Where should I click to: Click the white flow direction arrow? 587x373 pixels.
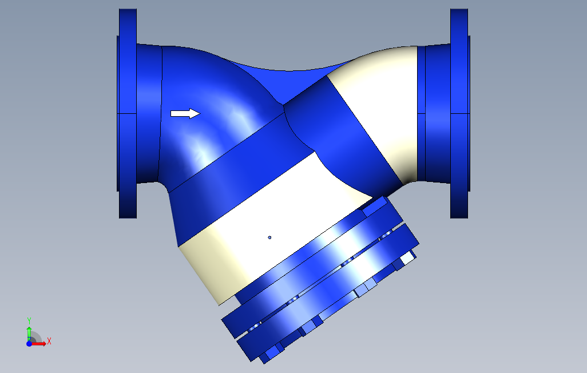[185, 113]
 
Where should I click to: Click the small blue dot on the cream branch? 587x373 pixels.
[269, 237]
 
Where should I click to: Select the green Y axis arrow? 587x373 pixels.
[29, 332]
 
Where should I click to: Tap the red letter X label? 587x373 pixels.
[49, 341]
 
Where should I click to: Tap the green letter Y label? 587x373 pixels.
[29, 320]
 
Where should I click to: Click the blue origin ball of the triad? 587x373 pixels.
[29, 343]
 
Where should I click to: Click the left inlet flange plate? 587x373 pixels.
[128, 113]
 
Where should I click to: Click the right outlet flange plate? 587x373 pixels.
[459, 113]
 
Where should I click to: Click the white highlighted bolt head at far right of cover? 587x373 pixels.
[407, 259]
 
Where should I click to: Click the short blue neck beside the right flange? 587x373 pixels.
[434, 113]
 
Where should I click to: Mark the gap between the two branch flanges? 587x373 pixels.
[320, 280]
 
